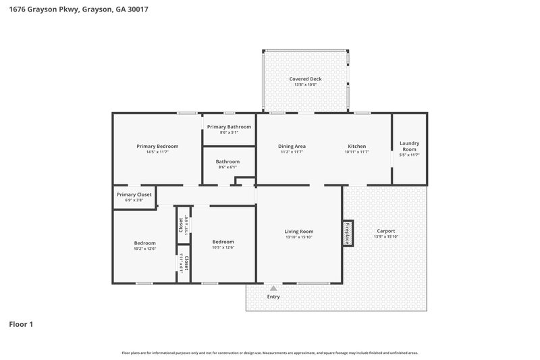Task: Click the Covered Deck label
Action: point(305,79)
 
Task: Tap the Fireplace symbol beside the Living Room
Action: point(348,233)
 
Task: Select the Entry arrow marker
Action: point(273,288)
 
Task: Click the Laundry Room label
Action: point(409,146)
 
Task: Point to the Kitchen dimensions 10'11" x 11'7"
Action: point(356,153)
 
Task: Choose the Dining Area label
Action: point(292,147)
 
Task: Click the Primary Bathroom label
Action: point(229,127)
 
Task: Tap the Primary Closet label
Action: point(134,195)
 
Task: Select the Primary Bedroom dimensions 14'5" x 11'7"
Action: point(157,153)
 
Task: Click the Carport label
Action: point(386,231)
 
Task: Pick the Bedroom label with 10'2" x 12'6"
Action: point(144,243)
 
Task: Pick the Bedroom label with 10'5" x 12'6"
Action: point(223,242)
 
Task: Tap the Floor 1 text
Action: point(21,324)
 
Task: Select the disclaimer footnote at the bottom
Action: point(270,353)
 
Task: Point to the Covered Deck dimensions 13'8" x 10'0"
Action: point(305,85)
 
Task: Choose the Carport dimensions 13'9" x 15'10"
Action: point(386,237)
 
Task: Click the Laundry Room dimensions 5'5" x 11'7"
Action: point(409,155)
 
